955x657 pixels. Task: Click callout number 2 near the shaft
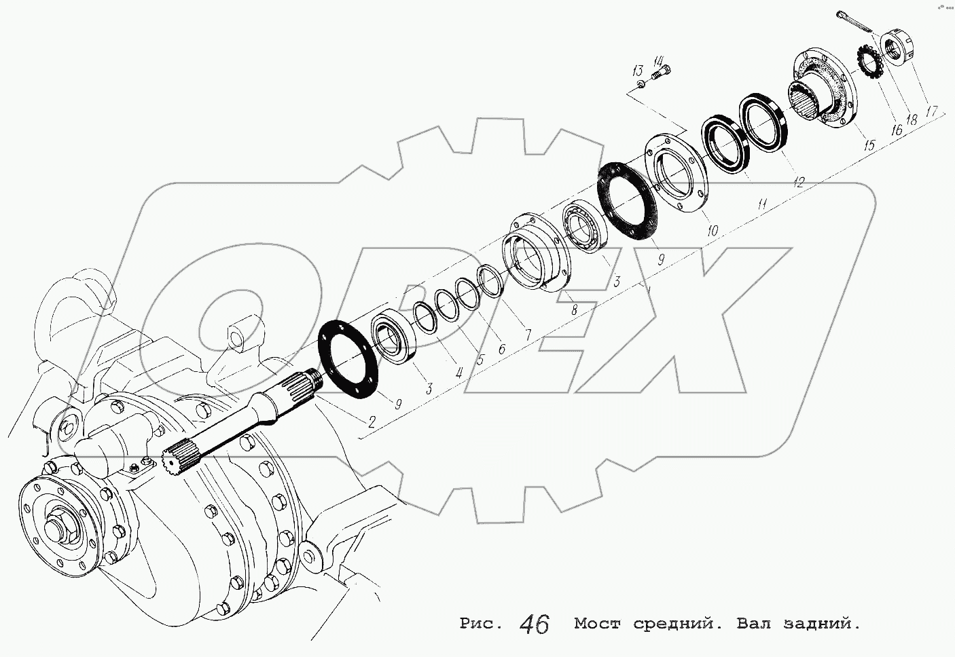(372, 421)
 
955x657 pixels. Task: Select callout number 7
(525, 335)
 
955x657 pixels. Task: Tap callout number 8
(575, 310)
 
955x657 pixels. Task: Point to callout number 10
(712, 231)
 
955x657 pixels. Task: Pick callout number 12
(799, 181)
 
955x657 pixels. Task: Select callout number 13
(637, 71)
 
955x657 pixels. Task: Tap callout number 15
(870, 144)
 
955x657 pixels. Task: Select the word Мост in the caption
(597, 623)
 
